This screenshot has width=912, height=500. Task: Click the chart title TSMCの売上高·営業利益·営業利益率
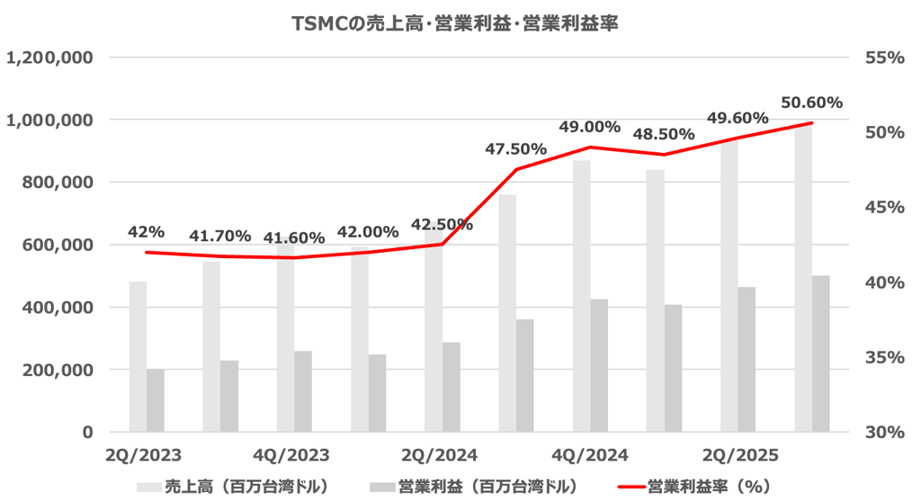point(455,24)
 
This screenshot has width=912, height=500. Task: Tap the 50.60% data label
point(811,103)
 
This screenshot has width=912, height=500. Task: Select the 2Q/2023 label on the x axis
point(138,454)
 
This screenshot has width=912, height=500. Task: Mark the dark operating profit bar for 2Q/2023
point(156,400)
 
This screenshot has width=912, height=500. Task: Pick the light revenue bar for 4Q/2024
point(582,297)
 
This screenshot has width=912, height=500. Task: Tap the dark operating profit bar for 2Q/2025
point(747,360)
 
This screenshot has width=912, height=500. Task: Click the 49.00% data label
point(589,127)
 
